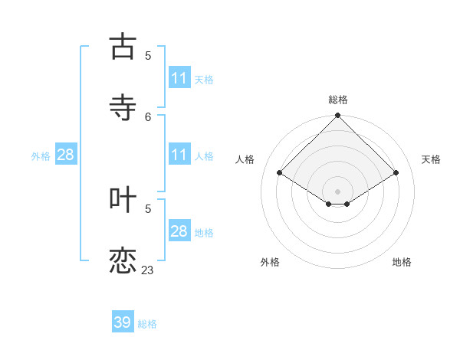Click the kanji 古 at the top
click(123, 47)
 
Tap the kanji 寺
click(123, 107)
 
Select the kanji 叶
click(123, 199)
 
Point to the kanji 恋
click(123, 260)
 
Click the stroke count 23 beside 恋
click(147, 270)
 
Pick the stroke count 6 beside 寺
click(148, 116)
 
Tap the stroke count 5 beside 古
click(148, 55)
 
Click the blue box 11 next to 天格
click(179, 78)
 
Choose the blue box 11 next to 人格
click(179, 155)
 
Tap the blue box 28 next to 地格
click(179, 231)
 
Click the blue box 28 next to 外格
click(66, 155)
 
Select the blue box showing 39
click(123, 322)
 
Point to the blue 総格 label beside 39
click(147, 324)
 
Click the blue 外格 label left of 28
click(41, 156)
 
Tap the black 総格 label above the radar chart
click(338, 100)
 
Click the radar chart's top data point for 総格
click(338, 116)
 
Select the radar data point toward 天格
click(396, 173)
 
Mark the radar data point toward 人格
click(280, 173)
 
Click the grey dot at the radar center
click(338, 191)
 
